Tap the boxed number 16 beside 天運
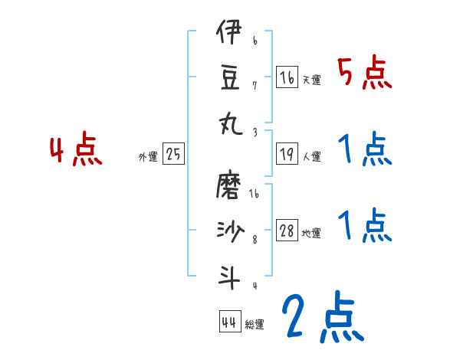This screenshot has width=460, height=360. coord(287,77)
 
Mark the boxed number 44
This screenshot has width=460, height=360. coord(229,322)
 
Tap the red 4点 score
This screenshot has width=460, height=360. coord(76,151)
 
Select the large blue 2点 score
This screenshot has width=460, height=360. coord(321,319)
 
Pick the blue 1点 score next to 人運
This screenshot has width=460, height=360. coord(364,151)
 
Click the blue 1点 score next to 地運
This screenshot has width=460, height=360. coord(364,226)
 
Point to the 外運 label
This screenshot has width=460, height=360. coord(148,157)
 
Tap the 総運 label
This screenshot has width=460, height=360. coord(255,325)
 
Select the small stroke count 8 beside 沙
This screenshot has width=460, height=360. coord(255,239)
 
